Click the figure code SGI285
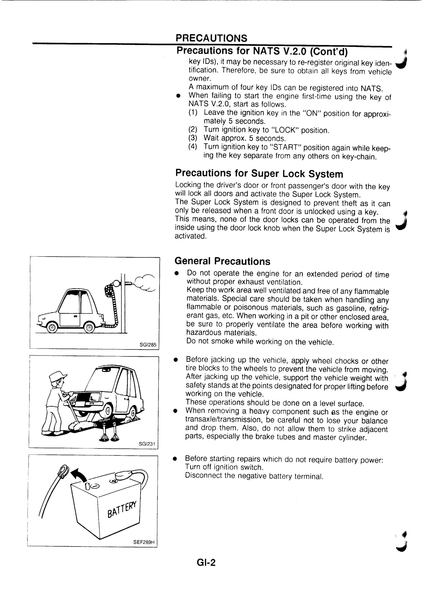(x=148, y=345)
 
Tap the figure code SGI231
(x=147, y=444)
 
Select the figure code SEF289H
(x=144, y=542)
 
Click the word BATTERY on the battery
(x=122, y=510)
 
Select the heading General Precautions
(x=222, y=261)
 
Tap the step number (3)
(x=193, y=138)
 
